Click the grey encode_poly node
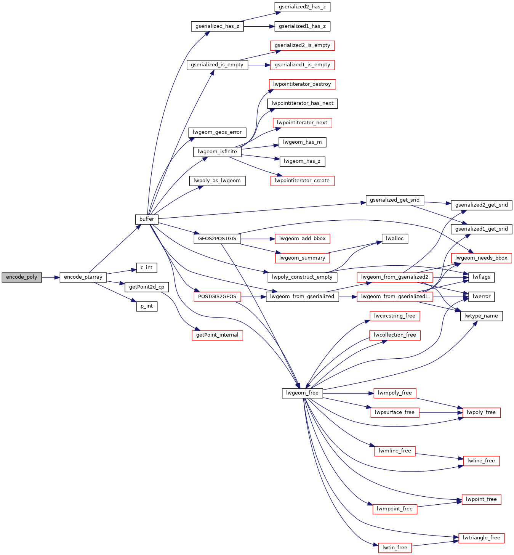coord(22,277)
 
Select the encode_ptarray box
coord(83,277)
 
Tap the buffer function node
coord(147,219)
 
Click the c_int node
coord(147,268)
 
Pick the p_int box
coord(147,306)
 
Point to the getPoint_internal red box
coord(217,335)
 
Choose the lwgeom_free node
coord(302,393)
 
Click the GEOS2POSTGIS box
coord(217,239)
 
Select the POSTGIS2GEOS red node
coord(217,297)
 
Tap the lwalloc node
coord(395,239)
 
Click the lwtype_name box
coord(481,316)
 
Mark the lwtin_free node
coord(395,547)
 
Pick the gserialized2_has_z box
coord(302,7)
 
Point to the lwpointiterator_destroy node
coord(302,84)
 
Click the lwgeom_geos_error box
coord(217,132)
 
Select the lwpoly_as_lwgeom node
coord(217,181)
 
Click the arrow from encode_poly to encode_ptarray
coord(51,277)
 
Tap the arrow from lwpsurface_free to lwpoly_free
coord(441,413)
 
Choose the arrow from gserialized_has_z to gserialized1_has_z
coord(259,27)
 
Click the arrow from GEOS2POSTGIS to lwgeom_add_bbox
coord(258,239)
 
